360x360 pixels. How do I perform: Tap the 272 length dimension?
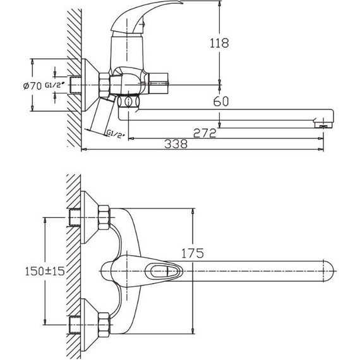(203, 133)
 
